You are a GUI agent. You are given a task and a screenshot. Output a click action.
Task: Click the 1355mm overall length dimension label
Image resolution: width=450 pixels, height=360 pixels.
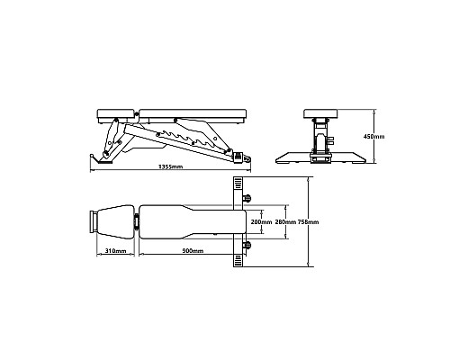pyautogui.click(x=170, y=166)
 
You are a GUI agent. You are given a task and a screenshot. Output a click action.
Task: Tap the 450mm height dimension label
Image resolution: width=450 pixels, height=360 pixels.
pyautogui.click(x=373, y=137)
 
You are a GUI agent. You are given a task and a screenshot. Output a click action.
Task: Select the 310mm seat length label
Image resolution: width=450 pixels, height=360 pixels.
pyautogui.click(x=115, y=251)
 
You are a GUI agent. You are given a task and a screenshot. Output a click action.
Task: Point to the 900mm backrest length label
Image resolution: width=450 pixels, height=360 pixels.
pyautogui.click(x=193, y=251)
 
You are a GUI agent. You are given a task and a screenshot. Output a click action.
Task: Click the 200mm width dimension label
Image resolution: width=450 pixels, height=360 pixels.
pyautogui.click(x=261, y=222)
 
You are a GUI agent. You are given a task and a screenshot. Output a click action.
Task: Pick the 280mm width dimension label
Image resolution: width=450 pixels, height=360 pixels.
pyautogui.click(x=285, y=222)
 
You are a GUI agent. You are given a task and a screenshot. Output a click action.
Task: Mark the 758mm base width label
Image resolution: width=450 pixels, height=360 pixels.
pyautogui.click(x=309, y=222)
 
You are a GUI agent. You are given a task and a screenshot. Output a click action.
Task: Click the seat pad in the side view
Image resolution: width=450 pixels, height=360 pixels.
pyautogui.click(x=115, y=114)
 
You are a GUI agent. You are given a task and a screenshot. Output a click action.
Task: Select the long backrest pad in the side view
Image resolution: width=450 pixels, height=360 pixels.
pyautogui.click(x=193, y=114)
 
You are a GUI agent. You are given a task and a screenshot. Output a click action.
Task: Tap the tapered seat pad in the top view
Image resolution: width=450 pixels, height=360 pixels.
pyautogui.click(x=115, y=222)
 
